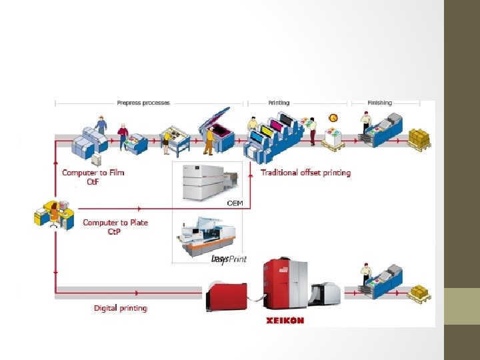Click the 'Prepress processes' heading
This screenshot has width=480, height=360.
[x=143, y=103]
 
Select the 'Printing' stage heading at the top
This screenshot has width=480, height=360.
[x=279, y=103]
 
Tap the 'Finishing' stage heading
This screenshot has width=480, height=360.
[x=380, y=103]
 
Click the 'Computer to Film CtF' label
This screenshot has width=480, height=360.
[x=93, y=177]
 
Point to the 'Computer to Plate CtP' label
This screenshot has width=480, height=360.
[x=115, y=227]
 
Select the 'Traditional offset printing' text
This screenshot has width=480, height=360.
[x=305, y=173]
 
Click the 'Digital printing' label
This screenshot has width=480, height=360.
[x=120, y=308]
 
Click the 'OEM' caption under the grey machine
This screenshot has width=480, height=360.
[x=235, y=203]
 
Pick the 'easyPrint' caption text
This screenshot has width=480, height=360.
[x=229, y=259]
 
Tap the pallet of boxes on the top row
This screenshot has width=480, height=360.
[x=419, y=139]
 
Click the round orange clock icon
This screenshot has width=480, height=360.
[x=333, y=118]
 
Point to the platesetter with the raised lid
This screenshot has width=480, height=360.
[x=217, y=127]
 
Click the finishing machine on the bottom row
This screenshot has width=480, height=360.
[x=383, y=280]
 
